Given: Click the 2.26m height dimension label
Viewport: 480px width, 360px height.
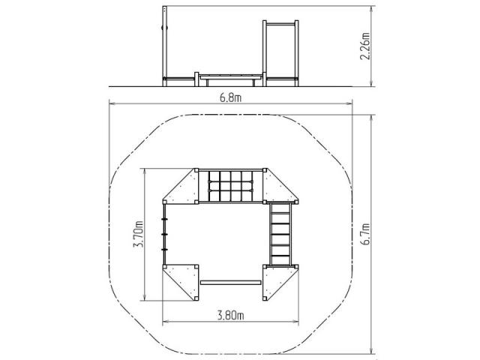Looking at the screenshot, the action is pyautogui.click(x=364, y=46).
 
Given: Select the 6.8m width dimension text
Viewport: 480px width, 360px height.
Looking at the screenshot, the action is pyautogui.click(x=230, y=97).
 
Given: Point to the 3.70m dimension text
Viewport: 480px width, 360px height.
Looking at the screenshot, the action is pyautogui.click(x=138, y=234).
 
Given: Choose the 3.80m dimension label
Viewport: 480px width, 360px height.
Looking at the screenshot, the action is pyautogui.click(x=230, y=315).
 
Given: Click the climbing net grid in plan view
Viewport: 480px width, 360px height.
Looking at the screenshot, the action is pyautogui.click(x=231, y=186).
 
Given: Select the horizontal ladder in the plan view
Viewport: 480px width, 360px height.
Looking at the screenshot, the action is pyautogui.click(x=280, y=234).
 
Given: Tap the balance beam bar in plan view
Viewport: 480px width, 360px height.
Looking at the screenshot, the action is pyautogui.click(x=230, y=283).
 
